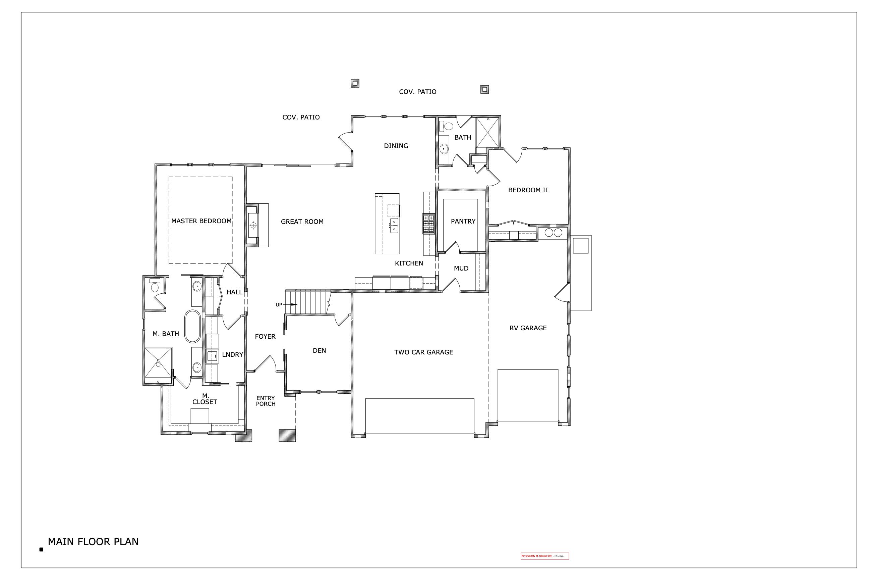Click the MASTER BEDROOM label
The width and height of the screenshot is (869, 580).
coord(201,221)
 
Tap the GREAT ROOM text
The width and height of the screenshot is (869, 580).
coord(302,222)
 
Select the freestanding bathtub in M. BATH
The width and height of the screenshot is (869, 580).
coord(192,326)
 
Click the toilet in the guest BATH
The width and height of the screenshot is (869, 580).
coord(448,126)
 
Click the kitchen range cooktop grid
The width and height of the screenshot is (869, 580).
coord(428,224)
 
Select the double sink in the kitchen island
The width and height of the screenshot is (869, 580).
coord(394,225)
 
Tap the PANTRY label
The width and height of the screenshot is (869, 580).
coord(463,221)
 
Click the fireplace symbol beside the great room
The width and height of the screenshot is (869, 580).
coord(253,225)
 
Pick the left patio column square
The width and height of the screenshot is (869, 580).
coord(355,83)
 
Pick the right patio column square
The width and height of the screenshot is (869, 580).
coord(484,89)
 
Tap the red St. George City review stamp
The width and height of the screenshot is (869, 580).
coord(544,556)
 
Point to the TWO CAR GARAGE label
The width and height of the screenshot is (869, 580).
coord(423,352)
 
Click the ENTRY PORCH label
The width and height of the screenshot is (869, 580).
coord(265,401)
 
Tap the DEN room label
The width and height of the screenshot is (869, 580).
coord(319,350)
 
